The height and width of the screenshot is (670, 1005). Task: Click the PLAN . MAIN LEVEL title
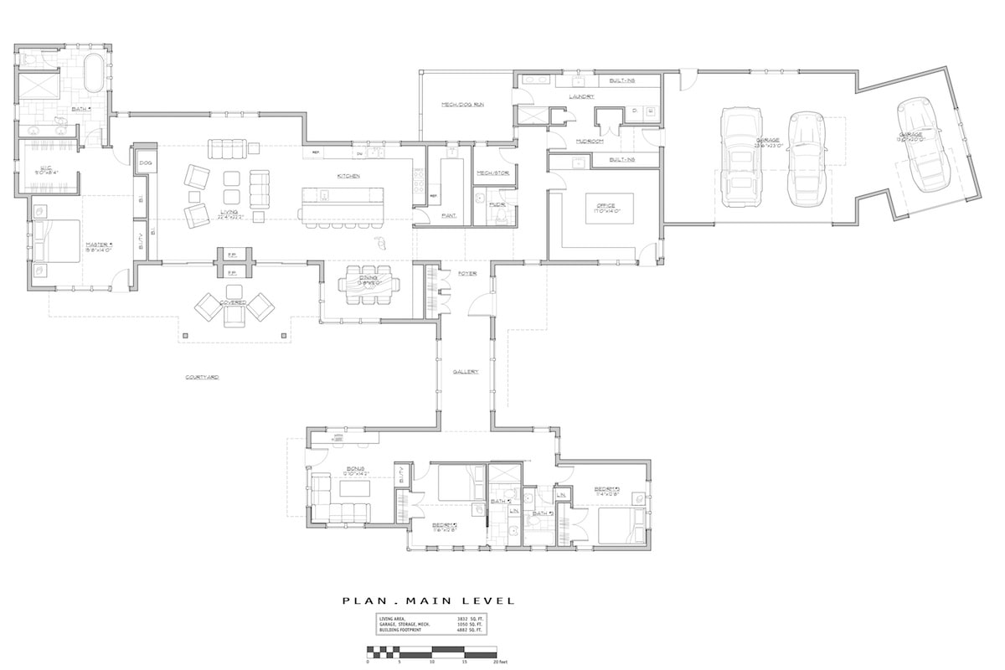point(428,600)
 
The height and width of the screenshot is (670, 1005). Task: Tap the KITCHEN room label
point(348,176)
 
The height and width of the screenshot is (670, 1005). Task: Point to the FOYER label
point(466,273)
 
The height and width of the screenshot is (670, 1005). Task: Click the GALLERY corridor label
point(466,371)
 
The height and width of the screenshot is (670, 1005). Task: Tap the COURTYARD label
point(202,378)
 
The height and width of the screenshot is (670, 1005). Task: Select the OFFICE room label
point(605,206)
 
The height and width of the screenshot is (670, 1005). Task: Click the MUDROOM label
point(590,142)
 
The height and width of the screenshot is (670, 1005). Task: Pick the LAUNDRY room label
point(580,96)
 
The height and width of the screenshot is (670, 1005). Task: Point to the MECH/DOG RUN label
point(463,105)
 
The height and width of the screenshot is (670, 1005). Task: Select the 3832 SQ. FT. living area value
point(472,617)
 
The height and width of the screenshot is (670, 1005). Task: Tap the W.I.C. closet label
point(47,170)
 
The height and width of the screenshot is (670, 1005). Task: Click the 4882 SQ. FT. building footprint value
point(472,629)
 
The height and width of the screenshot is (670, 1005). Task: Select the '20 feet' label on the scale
point(500,662)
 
